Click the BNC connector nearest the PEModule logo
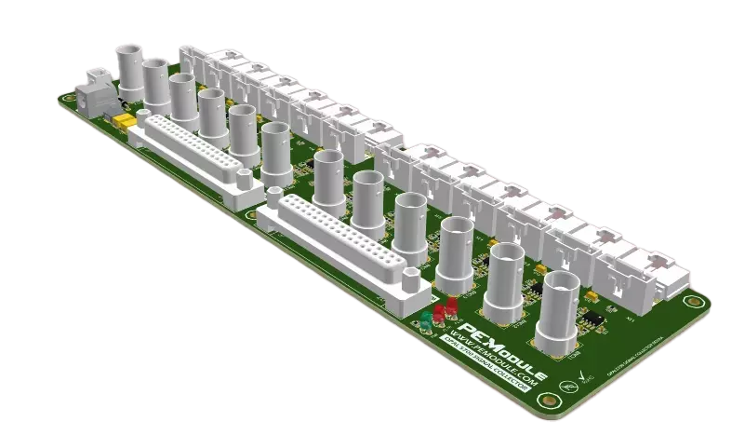(x=566, y=307)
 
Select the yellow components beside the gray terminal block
(x=121, y=121)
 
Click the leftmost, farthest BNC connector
(x=127, y=66)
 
